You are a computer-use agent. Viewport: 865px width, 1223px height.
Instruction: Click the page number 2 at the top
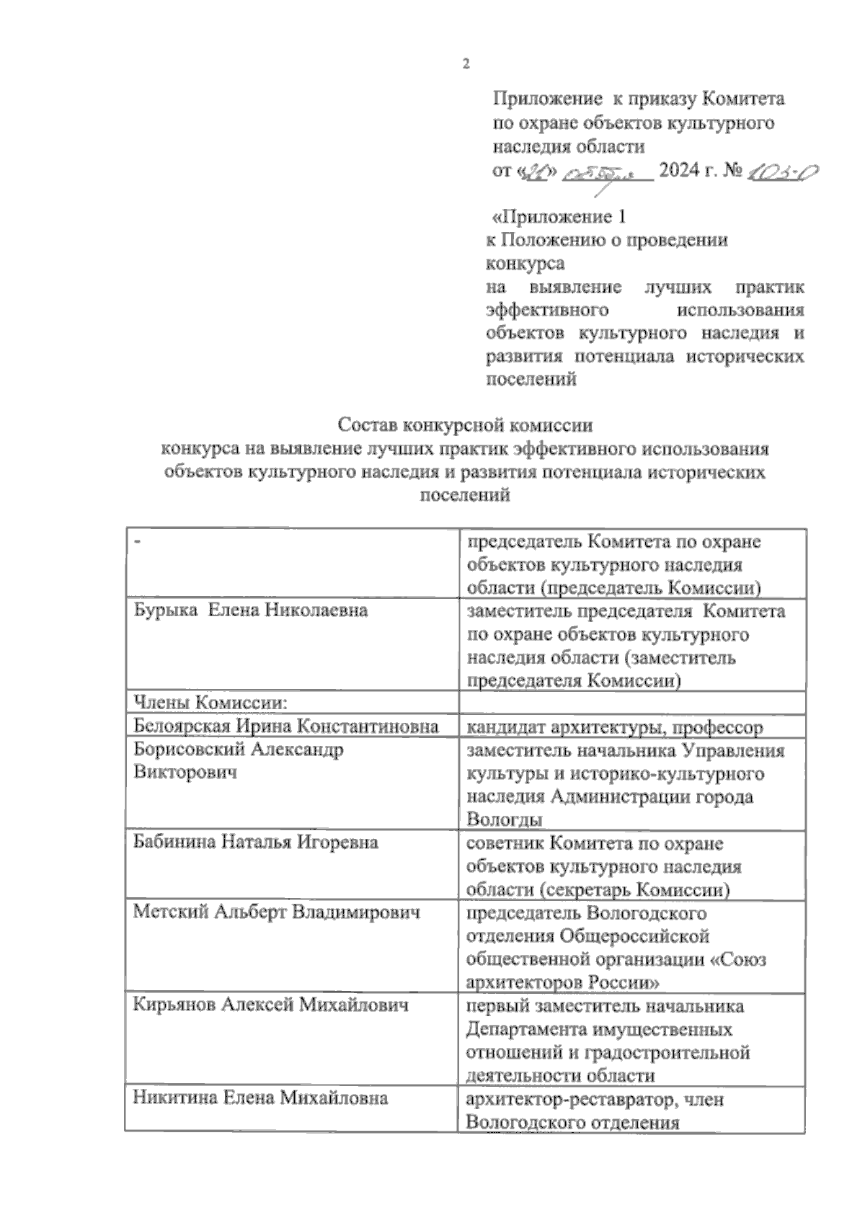466,64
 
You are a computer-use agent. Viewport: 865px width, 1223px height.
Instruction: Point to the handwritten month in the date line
609,173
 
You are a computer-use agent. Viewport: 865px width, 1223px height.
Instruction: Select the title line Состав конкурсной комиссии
465,425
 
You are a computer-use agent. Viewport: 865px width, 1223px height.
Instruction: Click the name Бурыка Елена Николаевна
251,610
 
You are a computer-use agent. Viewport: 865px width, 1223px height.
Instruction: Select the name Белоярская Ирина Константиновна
286,726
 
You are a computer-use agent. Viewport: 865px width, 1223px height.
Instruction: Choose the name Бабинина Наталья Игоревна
256,842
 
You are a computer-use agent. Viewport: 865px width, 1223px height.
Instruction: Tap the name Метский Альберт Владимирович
276,912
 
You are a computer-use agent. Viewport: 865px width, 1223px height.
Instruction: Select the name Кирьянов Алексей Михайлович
270,1005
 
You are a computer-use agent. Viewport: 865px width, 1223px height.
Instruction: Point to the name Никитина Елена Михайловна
261,1098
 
